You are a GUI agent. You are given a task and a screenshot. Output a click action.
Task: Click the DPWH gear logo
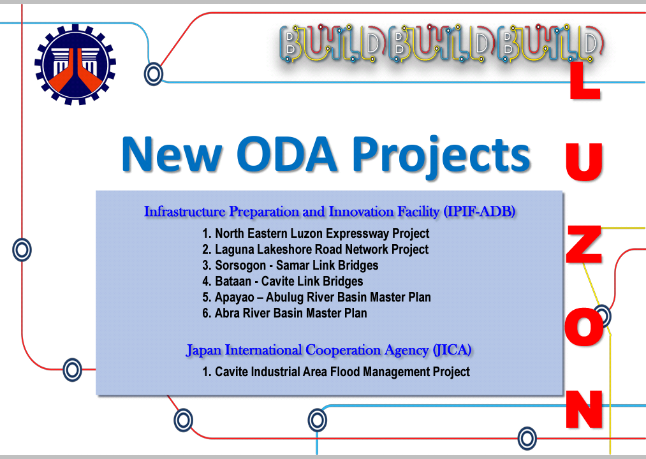point(75,64)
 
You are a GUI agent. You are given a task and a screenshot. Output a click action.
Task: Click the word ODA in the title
point(287,154)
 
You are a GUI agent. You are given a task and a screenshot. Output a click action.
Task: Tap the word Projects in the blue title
point(441,157)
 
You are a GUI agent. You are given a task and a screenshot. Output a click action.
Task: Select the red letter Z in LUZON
point(584,245)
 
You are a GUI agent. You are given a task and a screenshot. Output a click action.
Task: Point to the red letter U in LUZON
point(584,162)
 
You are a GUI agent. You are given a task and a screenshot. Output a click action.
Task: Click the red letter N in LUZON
point(584,409)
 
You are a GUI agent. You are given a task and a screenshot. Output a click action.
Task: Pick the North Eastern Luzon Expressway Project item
point(316,233)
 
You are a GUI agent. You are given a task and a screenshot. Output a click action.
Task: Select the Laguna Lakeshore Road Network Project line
point(315,250)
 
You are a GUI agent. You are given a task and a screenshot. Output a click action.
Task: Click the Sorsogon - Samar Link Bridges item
point(290,265)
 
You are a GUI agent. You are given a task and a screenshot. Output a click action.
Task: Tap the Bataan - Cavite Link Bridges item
point(283,281)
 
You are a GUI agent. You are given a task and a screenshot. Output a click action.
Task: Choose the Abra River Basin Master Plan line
point(284,313)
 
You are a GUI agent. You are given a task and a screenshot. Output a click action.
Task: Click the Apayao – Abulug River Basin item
point(316,297)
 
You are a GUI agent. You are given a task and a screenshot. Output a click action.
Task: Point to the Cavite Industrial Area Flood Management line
point(336,372)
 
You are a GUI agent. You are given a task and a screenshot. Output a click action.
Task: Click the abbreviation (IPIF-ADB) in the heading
point(480,212)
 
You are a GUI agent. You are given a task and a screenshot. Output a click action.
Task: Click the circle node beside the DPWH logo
point(154,74)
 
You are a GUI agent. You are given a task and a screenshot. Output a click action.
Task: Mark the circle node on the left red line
point(22,250)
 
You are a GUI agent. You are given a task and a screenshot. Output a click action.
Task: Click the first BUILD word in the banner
point(333,44)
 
